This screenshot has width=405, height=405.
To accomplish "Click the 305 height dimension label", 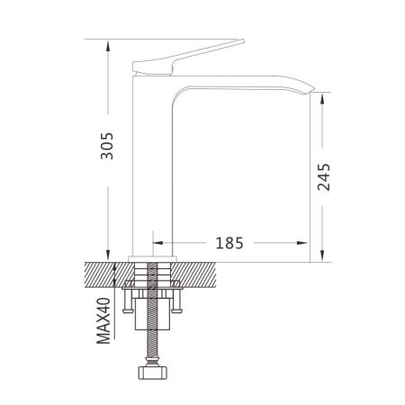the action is coord(107,146).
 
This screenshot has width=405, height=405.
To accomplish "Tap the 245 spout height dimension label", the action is coord(324,177).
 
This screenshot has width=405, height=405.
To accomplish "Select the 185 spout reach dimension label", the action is coord(229,243).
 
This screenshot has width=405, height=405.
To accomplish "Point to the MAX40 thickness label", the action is coord(103,320).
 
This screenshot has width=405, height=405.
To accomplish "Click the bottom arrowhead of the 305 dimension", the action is coord(108,256).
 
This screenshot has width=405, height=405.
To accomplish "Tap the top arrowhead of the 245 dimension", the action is coord(322,98).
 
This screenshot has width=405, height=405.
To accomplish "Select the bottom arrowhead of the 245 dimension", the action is coord(322,256).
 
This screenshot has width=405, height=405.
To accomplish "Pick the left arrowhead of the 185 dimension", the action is coord(158,243).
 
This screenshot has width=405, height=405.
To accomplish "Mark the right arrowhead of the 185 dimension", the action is coord(302,243).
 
